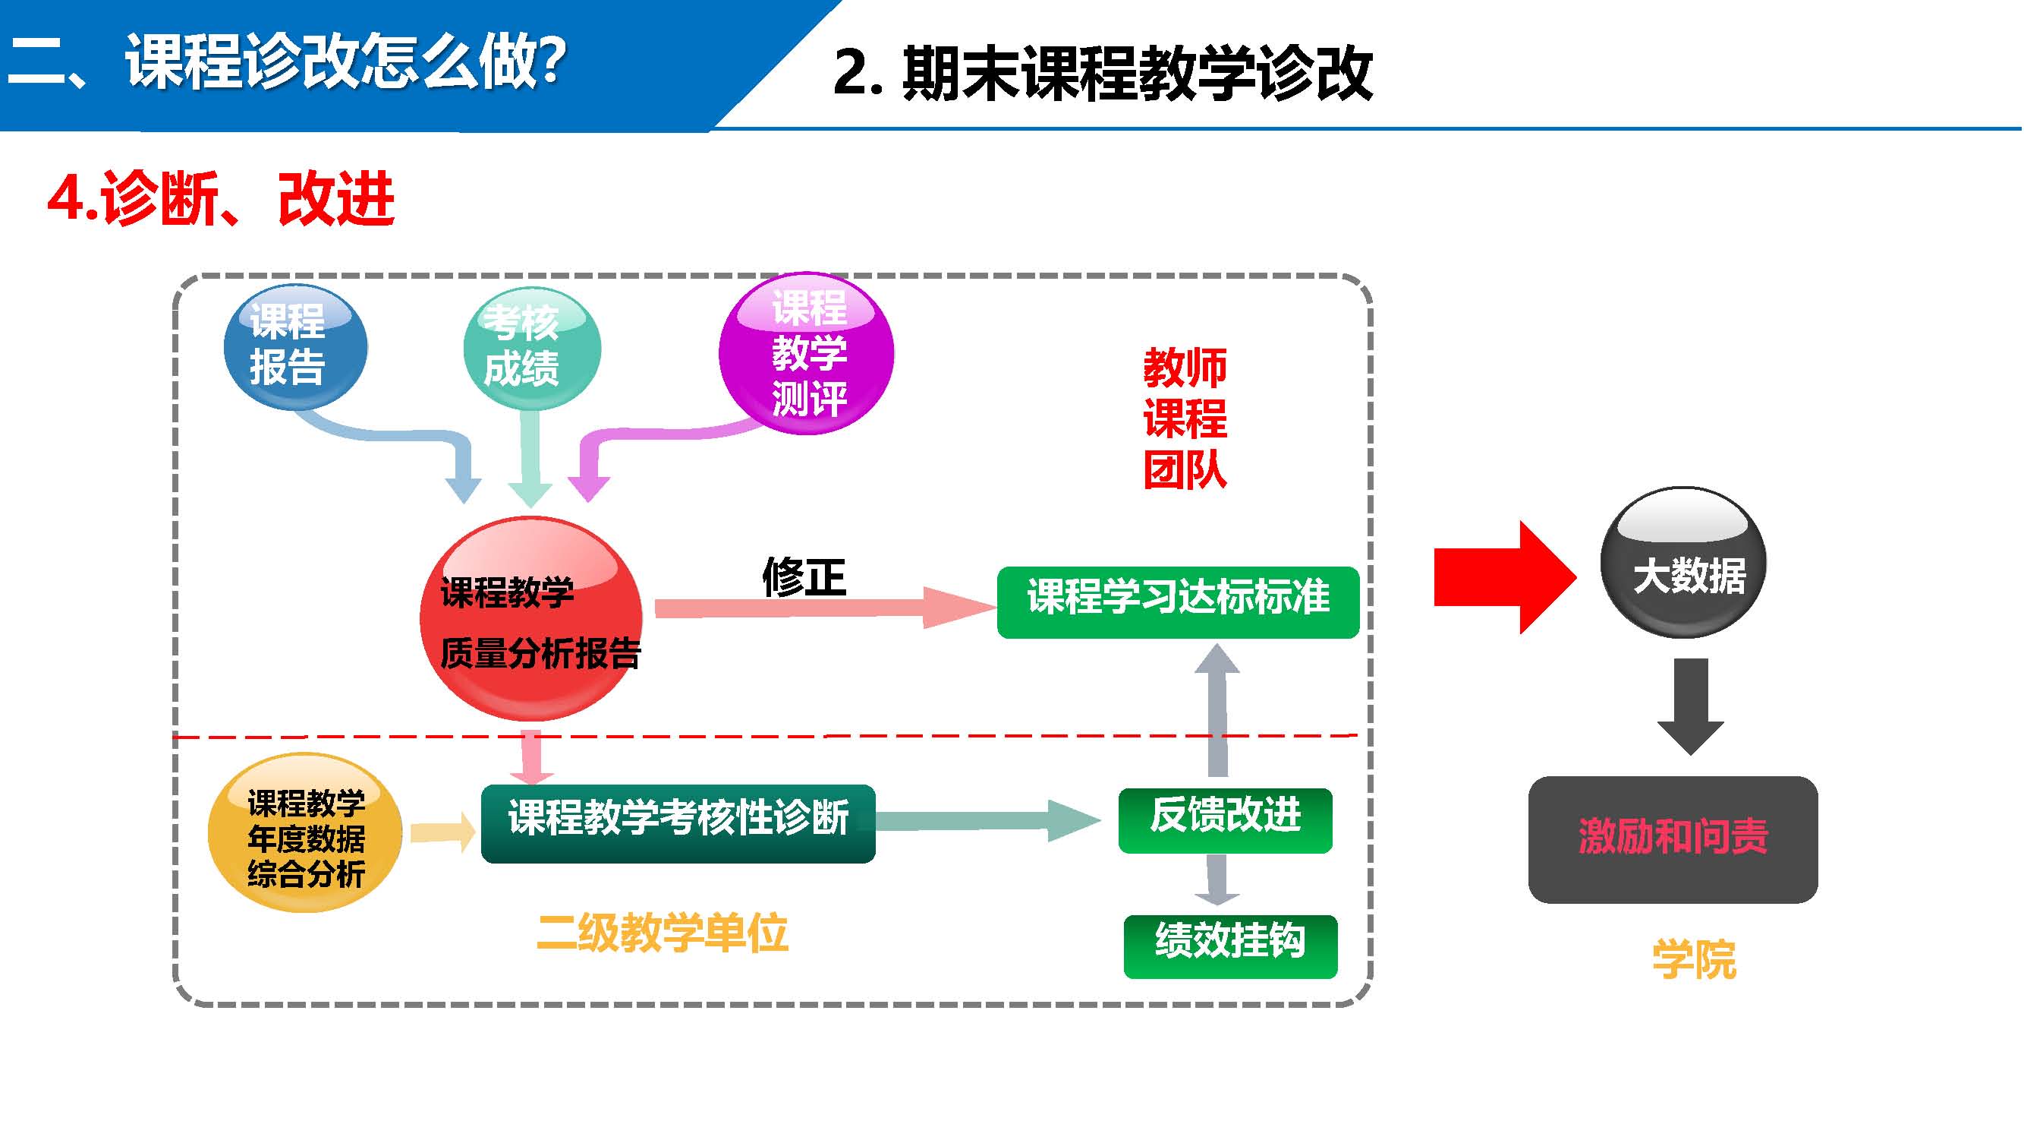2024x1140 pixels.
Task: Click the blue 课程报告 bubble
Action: click(295, 347)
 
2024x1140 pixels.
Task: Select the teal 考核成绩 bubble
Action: click(532, 349)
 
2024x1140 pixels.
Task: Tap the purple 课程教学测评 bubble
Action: click(806, 353)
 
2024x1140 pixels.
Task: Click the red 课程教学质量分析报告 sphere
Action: click(531, 619)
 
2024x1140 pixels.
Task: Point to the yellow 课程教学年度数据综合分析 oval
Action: click(305, 833)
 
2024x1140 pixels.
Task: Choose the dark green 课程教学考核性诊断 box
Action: click(678, 823)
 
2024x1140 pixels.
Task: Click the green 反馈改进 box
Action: click(1225, 820)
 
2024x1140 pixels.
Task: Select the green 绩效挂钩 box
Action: click(1230, 946)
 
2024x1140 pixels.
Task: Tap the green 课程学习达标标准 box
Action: click(1178, 602)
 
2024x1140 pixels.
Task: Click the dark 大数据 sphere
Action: click(1683, 563)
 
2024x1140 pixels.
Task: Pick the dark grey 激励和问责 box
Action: click(1673, 839)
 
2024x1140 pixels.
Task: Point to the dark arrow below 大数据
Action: click(1690, 706)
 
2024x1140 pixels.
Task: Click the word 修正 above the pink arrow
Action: click(804, 577)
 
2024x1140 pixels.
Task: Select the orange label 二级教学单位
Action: click(663, 933)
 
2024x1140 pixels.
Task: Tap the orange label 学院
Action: click(1694, 959)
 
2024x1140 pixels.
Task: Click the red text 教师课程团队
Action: click(1184, 418)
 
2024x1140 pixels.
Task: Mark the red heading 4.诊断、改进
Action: click(221, 199)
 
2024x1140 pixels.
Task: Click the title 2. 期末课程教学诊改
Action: click(1103, 73)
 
